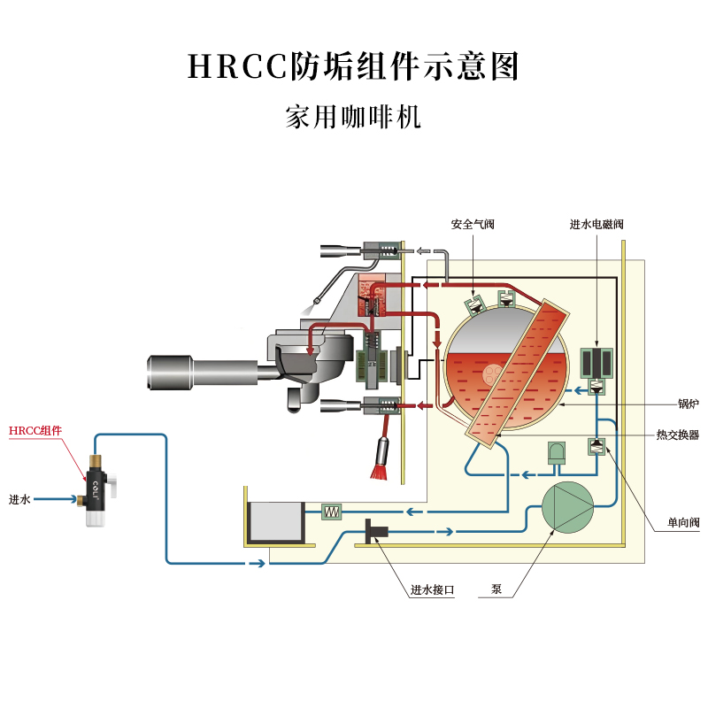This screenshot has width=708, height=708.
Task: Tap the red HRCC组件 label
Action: [x=35, y=431]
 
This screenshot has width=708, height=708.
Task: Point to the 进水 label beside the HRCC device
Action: [x=19, y=500]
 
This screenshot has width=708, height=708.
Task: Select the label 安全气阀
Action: [x=473, y=225]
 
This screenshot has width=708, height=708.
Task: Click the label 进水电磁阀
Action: [x=596, y=225]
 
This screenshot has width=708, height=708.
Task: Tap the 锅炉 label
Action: [x=688, y=404]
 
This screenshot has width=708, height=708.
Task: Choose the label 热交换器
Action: [x=678, y=435]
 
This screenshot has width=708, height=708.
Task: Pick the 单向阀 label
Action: [x=683, y=524]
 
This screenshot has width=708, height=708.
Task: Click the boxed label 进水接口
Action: [x=432, y=590]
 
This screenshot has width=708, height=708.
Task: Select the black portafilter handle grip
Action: [x=169, y=370]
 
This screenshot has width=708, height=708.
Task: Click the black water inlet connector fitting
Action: [x=377, y=531]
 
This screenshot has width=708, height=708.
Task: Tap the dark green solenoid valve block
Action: [x=597, y=363]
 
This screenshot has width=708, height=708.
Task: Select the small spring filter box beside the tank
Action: [x=331, y=512]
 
